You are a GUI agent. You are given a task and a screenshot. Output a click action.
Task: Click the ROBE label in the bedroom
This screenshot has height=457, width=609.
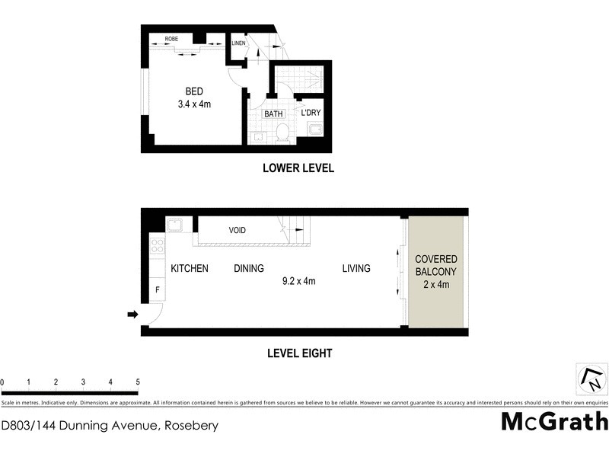pyautogui.click(x=171, y=37)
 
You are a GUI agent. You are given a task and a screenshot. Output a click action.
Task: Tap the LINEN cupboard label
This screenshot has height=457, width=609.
pyautogui.click(x=239, y=43)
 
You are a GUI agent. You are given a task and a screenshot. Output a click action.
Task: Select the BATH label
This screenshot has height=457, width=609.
pyautogui.click(x=273, y=113)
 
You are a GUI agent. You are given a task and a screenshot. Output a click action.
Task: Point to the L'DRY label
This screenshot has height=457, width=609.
pyautogui.click(x=312, y=113)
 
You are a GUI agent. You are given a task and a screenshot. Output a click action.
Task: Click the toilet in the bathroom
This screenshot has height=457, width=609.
pyautogui.click(x=282, y=133)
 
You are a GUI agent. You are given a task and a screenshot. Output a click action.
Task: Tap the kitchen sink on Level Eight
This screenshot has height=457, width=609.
pyautogui.click(x=174, y=225)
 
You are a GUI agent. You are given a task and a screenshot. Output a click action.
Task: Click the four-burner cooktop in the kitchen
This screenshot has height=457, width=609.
pyautogui.click(x=158, y=246)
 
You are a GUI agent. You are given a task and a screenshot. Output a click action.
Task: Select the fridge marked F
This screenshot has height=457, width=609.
pyautogui.click(x=158, y=289)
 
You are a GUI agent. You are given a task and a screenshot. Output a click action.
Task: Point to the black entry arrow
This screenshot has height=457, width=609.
pyautogui.click(x=132, y=314)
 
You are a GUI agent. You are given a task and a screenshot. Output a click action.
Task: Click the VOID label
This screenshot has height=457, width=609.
pyautogui.click(x=240, y=230)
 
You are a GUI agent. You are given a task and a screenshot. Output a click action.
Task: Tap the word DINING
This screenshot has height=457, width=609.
pyautogui.click(x=249, y=268)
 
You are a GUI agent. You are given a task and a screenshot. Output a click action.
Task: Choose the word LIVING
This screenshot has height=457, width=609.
pyautogui.click(x=356, y=268)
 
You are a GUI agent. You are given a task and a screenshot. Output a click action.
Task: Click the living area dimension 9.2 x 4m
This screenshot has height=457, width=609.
pyautogui.click(x=298, y=281)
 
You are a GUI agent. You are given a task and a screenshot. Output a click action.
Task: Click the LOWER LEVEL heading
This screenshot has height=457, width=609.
pyautogui.click(x=298, y=168)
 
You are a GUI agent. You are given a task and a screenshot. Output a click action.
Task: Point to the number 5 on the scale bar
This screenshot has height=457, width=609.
pyautogui.click(x=138, y=382)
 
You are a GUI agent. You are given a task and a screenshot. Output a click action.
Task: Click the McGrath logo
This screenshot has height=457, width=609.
pyautogui.click(x=554, y=421)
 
